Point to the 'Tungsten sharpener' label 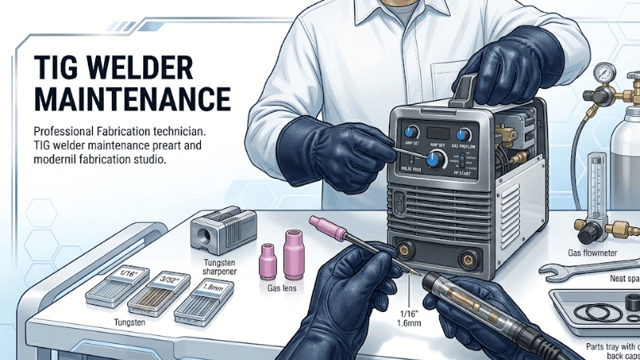pos(218,265)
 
